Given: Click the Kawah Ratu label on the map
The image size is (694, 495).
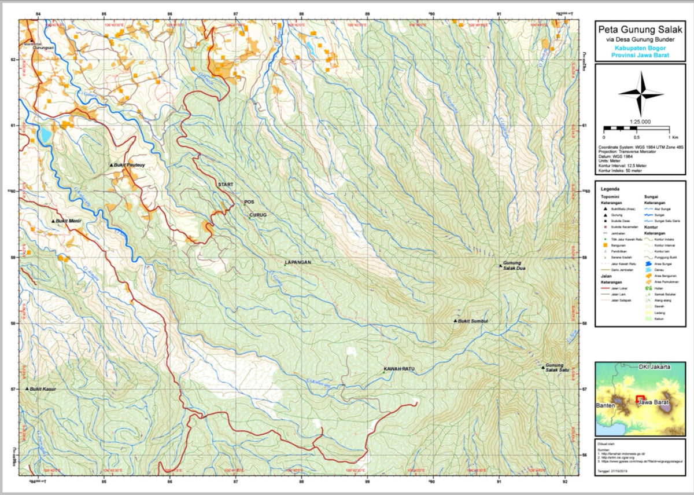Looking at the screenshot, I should tap(400, 369).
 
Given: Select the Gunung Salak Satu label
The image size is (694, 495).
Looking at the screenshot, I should tap(555, 368).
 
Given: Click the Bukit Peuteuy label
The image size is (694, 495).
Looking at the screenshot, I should tap(130, 165).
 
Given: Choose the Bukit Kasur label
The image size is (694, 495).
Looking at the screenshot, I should tap(43, 390).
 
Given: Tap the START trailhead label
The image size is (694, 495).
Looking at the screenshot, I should tap(226, 184).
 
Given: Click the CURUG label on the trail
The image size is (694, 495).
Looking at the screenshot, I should tap(257, 215).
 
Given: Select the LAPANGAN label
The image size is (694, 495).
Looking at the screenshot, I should tap(298, 262).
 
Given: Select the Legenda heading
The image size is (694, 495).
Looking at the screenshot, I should tap(612, 189).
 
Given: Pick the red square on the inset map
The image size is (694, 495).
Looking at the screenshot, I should tap(640, 399).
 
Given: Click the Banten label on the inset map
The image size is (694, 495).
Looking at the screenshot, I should tap(606, 405).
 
